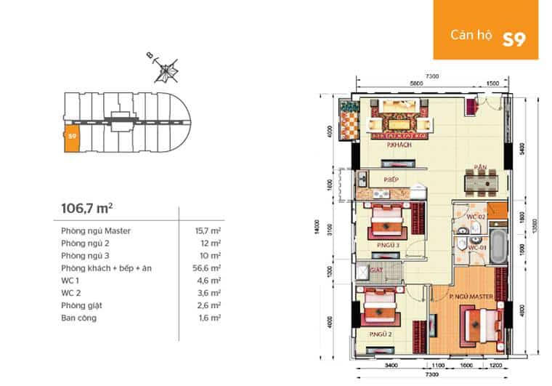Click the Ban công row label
tap(77, 317)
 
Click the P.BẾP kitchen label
tap(393, 179)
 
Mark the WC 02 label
tap(475, 217)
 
